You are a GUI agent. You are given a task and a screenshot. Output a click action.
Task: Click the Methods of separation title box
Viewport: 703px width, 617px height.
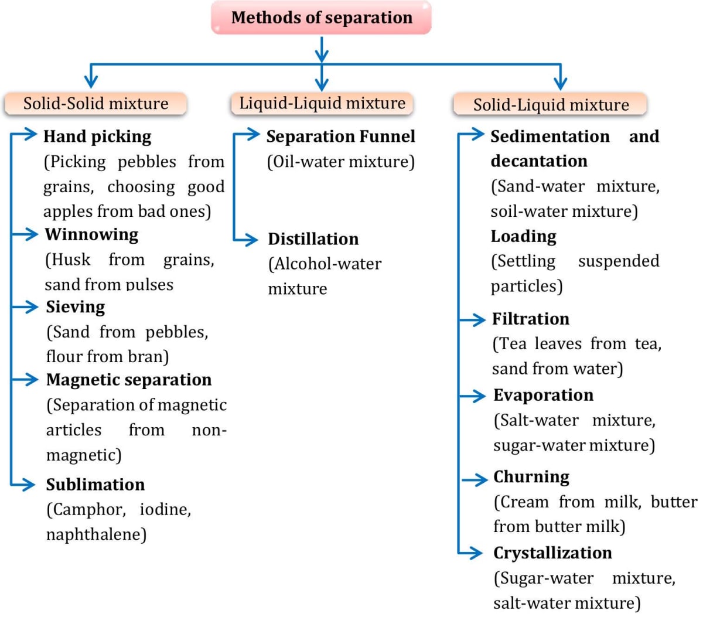(x=322, y=18)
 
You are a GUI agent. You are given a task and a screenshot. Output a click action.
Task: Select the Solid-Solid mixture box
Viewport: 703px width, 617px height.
(x=95, y=104)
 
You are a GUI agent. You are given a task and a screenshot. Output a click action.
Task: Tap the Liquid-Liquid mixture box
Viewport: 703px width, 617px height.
(x=322, y=103)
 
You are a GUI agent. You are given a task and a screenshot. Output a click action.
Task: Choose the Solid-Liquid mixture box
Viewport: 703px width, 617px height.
(x=551, y=105)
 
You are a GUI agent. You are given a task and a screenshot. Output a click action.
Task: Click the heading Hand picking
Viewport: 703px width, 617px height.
(x=97, y=137)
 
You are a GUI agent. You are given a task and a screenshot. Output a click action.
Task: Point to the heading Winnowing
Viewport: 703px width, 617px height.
(x=92, y=234)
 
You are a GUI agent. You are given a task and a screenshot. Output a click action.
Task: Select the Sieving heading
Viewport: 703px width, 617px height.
(x=76, y=307)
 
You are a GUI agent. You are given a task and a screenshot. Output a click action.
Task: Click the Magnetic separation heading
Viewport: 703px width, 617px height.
(x=129, y=380)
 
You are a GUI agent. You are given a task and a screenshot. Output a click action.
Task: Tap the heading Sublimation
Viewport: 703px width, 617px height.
(x=95, y=485)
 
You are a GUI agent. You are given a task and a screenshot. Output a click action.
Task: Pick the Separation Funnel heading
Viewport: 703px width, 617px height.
(x=340, y=137)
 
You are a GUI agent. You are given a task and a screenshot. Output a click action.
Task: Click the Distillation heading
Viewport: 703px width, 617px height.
(x=313, y=239)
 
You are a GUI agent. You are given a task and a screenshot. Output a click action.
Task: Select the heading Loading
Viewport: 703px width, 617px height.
(x=524, y=236)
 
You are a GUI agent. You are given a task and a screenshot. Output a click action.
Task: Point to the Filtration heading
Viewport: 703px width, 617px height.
(x=531, y=319)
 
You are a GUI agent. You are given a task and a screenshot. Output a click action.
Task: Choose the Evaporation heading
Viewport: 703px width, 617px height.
(x=543, y=395)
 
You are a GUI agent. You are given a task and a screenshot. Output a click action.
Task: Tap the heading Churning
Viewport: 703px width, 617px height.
(x=531, y=477)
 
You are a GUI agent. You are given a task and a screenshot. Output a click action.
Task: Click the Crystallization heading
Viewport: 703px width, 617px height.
(x=552, y=553)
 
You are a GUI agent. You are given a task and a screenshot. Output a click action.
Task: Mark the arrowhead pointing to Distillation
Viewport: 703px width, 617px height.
(x=252, y=239)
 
